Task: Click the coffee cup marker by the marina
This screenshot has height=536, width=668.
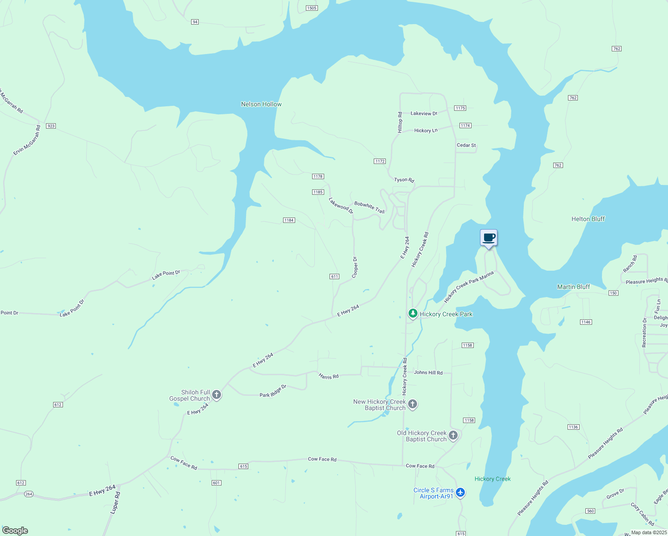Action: tap(488, 238)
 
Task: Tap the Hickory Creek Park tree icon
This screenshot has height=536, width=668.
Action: tap(413, 314)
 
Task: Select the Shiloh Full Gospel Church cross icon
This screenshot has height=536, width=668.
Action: tap(217, 395)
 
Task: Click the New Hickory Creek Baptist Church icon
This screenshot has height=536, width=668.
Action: tap(413, 404)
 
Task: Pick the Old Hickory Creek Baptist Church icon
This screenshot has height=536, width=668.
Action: tap(453, 435)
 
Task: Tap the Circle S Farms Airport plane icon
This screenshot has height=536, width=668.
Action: tap(460, 493)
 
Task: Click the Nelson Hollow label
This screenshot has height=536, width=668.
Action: tap(261, 104)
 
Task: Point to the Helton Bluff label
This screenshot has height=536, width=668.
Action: tap(588, 219)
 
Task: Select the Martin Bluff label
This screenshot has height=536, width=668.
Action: tap(573, 287)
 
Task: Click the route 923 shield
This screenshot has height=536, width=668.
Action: tap(51, 126)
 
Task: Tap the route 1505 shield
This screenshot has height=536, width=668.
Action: tap(312, 8)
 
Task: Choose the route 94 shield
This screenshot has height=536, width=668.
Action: tap(195, 22)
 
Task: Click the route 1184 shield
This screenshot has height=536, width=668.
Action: tap(289, 220)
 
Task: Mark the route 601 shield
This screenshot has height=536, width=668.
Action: tap(216, 483)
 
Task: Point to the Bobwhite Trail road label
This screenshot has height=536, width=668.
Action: tap(369, 208)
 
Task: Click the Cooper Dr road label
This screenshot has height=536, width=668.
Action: tap(355, 267)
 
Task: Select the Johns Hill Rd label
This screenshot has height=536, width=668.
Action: tap(428, 373)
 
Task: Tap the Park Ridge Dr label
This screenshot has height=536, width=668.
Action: tap(273, 391)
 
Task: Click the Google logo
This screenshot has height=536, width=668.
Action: tap(15, 531)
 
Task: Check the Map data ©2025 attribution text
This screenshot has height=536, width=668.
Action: tap(648, 532)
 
